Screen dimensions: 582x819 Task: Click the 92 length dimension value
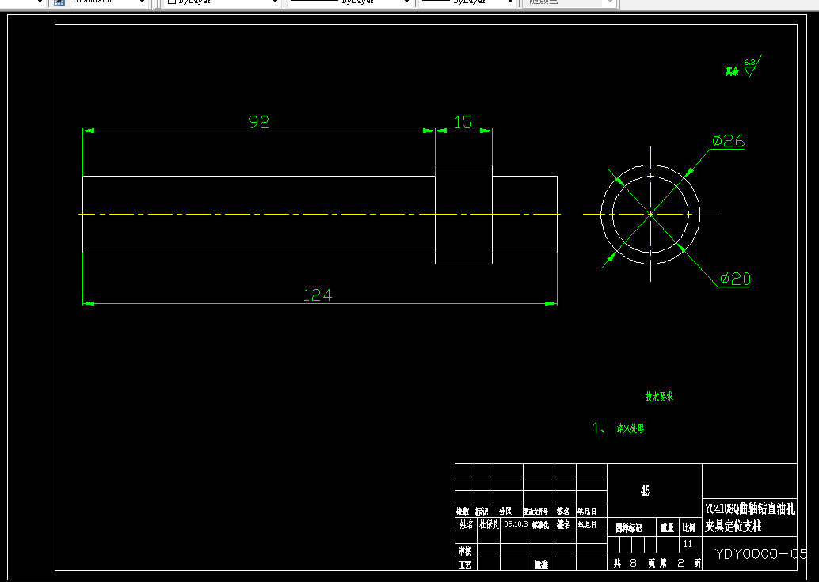pos(259,122)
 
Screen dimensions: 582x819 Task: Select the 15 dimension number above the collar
pos(463,122)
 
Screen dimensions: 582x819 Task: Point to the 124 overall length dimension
pos(318,295)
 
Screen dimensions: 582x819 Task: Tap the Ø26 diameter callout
pos(728,141)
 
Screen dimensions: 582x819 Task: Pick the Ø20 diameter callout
pos(735,279)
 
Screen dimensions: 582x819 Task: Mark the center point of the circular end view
pos(650,214)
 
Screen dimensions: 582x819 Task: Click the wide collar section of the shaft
pos(464,214)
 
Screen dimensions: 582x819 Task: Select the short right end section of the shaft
pos(524,214)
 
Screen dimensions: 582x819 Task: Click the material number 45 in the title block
pos(646,491)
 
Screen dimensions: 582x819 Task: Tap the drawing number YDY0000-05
pos(761,553)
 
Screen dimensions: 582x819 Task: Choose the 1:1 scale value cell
pos(688,545)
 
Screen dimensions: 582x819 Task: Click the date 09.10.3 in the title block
pos(516,524)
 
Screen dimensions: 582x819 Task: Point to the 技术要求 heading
pos(659,397)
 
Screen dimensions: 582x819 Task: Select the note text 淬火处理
pos(630,428)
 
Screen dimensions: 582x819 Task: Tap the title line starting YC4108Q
pos(750,508)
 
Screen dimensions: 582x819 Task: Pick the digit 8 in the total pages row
pos(633,564)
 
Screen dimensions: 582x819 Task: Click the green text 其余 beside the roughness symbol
pos(732,71)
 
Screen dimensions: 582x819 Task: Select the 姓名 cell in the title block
pos(465,524)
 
